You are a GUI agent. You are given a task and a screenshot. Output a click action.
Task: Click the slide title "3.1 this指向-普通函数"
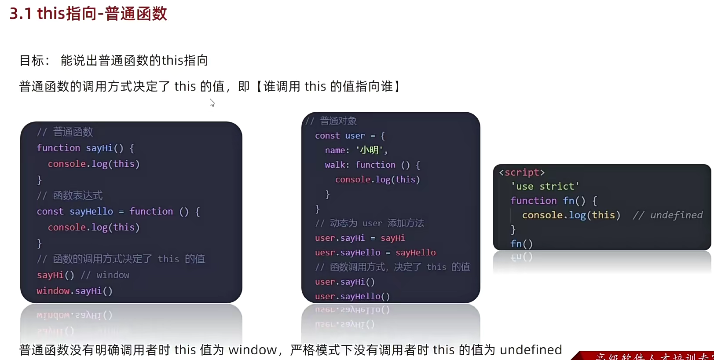(88, 14)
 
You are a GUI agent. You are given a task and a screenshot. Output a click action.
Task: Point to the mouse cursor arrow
(212, 103)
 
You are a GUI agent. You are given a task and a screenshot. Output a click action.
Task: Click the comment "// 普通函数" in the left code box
(65, 132)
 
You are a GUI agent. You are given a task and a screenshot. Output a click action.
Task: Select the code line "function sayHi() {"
(85, 148)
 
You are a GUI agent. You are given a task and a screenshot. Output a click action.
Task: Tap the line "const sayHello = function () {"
(118, 212)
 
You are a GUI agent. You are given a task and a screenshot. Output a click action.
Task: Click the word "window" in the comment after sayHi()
(113, 275)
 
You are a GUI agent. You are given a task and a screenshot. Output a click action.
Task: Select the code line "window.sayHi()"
(74, 291)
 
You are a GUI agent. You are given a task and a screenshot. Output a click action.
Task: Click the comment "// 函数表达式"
(70, 195)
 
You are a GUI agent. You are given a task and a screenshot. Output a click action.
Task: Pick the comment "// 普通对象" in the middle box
(331, 121)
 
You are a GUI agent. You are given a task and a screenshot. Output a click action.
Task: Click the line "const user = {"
(350, 136)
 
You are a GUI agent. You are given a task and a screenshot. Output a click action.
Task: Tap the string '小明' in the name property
(369, 151)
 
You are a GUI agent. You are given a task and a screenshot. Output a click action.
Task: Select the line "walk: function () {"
(372, 165)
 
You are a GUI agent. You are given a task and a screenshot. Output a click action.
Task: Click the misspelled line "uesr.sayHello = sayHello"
(375, 253)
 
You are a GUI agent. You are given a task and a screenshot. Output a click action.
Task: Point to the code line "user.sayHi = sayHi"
(360, 238)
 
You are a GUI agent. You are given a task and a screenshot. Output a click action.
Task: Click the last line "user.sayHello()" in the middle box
(352, 297)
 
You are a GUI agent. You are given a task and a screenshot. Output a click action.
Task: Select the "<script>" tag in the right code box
(522, 173)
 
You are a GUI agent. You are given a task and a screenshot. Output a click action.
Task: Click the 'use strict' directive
(545, 187)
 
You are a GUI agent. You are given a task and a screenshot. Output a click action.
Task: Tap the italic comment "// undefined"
(668, 215)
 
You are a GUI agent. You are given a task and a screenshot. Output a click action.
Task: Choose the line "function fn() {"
(553, 201)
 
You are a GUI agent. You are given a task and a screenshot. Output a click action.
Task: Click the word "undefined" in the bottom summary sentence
(531, 350)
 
